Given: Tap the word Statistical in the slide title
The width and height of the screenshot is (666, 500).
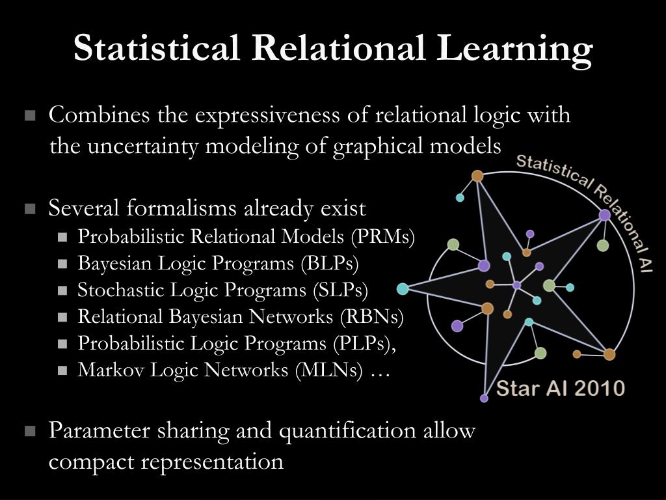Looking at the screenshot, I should pyautogui.click(x=156, y=48).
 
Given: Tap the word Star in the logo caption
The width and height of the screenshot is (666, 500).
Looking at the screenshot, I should pyautogui.click(x=515, y=389).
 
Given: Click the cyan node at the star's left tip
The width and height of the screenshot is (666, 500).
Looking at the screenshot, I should pyautogui.click(x=403, y=288).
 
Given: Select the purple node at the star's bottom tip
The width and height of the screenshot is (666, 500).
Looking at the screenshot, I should pyautogui.click(x=484, y=398).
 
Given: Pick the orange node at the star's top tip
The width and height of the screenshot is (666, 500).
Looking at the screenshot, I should pyautogui.click(x=477, y=176).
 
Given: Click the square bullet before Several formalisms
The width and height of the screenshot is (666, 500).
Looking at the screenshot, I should pyautogui.click(x=29, y=210).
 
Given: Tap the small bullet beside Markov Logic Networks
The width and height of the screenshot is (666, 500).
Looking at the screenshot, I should pyautogui.click(x=62, y=370).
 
